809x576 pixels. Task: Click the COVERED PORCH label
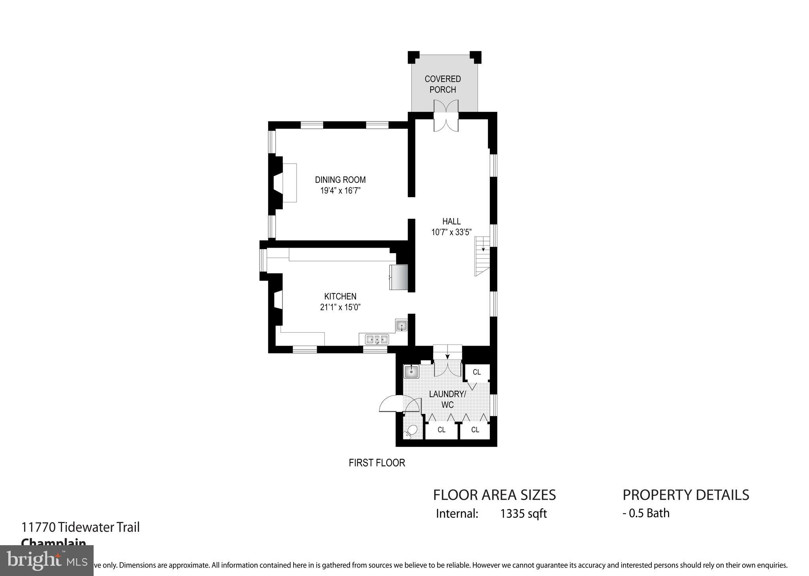click(x=442, y=84)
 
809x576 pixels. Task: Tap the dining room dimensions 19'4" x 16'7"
click(x=340, y=191)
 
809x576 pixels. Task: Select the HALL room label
click(x=451, y=221)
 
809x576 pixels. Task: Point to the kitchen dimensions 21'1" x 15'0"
click(x=340, y=307)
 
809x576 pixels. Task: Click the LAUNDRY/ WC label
click(x=448, y=399)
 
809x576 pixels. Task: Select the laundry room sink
click(x=411, y=371)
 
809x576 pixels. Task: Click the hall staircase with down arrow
click(x=482, y=256)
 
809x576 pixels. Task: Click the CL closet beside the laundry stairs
click(x=477, y=372)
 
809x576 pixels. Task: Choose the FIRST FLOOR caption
click(x=377, y=463)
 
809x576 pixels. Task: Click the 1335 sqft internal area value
click(x=523, y=514)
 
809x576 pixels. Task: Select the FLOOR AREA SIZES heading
click(x=494, y=495)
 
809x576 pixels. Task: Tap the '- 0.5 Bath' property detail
click(x=646, y=513)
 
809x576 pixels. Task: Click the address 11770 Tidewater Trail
click(x=81, y=527)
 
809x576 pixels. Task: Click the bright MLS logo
click(x=47, y=561)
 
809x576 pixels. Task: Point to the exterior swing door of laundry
click(x=388, y=405)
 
